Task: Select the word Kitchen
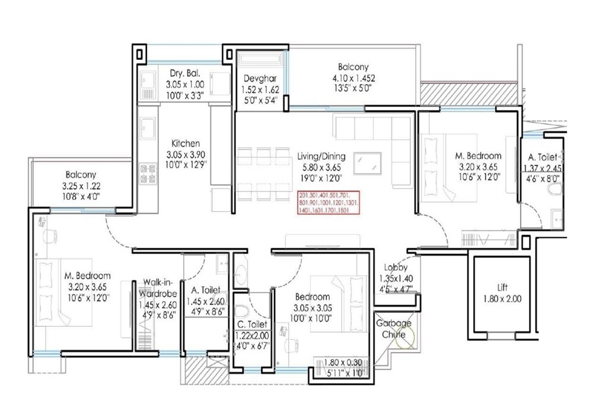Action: pos(186,143)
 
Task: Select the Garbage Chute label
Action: pos(394,329)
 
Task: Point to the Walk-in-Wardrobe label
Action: pos(157,288)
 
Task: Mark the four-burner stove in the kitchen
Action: pos(147,173)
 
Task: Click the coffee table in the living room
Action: pos(368,162)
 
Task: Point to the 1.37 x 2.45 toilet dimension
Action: pos(543,168)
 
